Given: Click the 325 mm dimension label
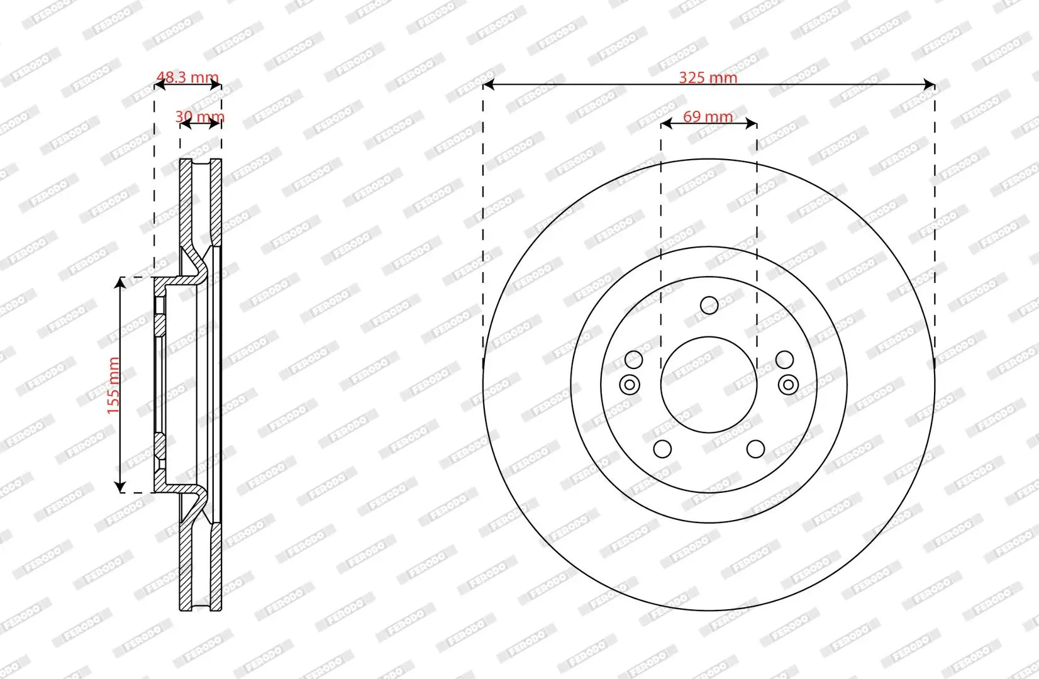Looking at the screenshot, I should pyautogui.click(x=708, y=78).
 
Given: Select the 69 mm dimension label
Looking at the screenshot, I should pyautogui.click(x=708, y=117).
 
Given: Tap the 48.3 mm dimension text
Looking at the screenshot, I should pyautogui.click(x=187, y=78).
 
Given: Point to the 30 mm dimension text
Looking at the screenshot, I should pyautogui.click(x=199, y=117).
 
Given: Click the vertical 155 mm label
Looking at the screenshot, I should pyautogui.click(x=113, y=385).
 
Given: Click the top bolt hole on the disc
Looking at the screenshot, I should pyautogui.click(x=709, y=306).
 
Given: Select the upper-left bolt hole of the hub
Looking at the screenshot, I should pyautogui.click(x=633, y=360).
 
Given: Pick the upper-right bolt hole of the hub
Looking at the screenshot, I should pyautogui.click(x=784, y=360).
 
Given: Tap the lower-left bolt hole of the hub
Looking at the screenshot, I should pyautogui.click(x=662, y=449).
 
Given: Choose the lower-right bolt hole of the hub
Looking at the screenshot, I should pyautogui.click(x=755, y=449).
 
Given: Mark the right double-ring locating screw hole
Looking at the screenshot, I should pyautogui.click(x=788, y=384).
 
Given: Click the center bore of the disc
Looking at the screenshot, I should pyautogui.click(x=709, y=384).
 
